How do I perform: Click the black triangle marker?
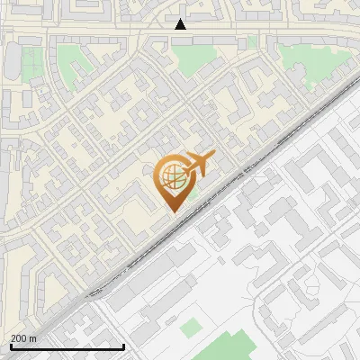180,24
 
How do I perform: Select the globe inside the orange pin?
171,177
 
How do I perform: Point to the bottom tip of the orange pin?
171,211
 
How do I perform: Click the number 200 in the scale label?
19,338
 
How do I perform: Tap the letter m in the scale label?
32,338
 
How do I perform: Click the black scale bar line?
67,346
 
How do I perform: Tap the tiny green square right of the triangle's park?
252,41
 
